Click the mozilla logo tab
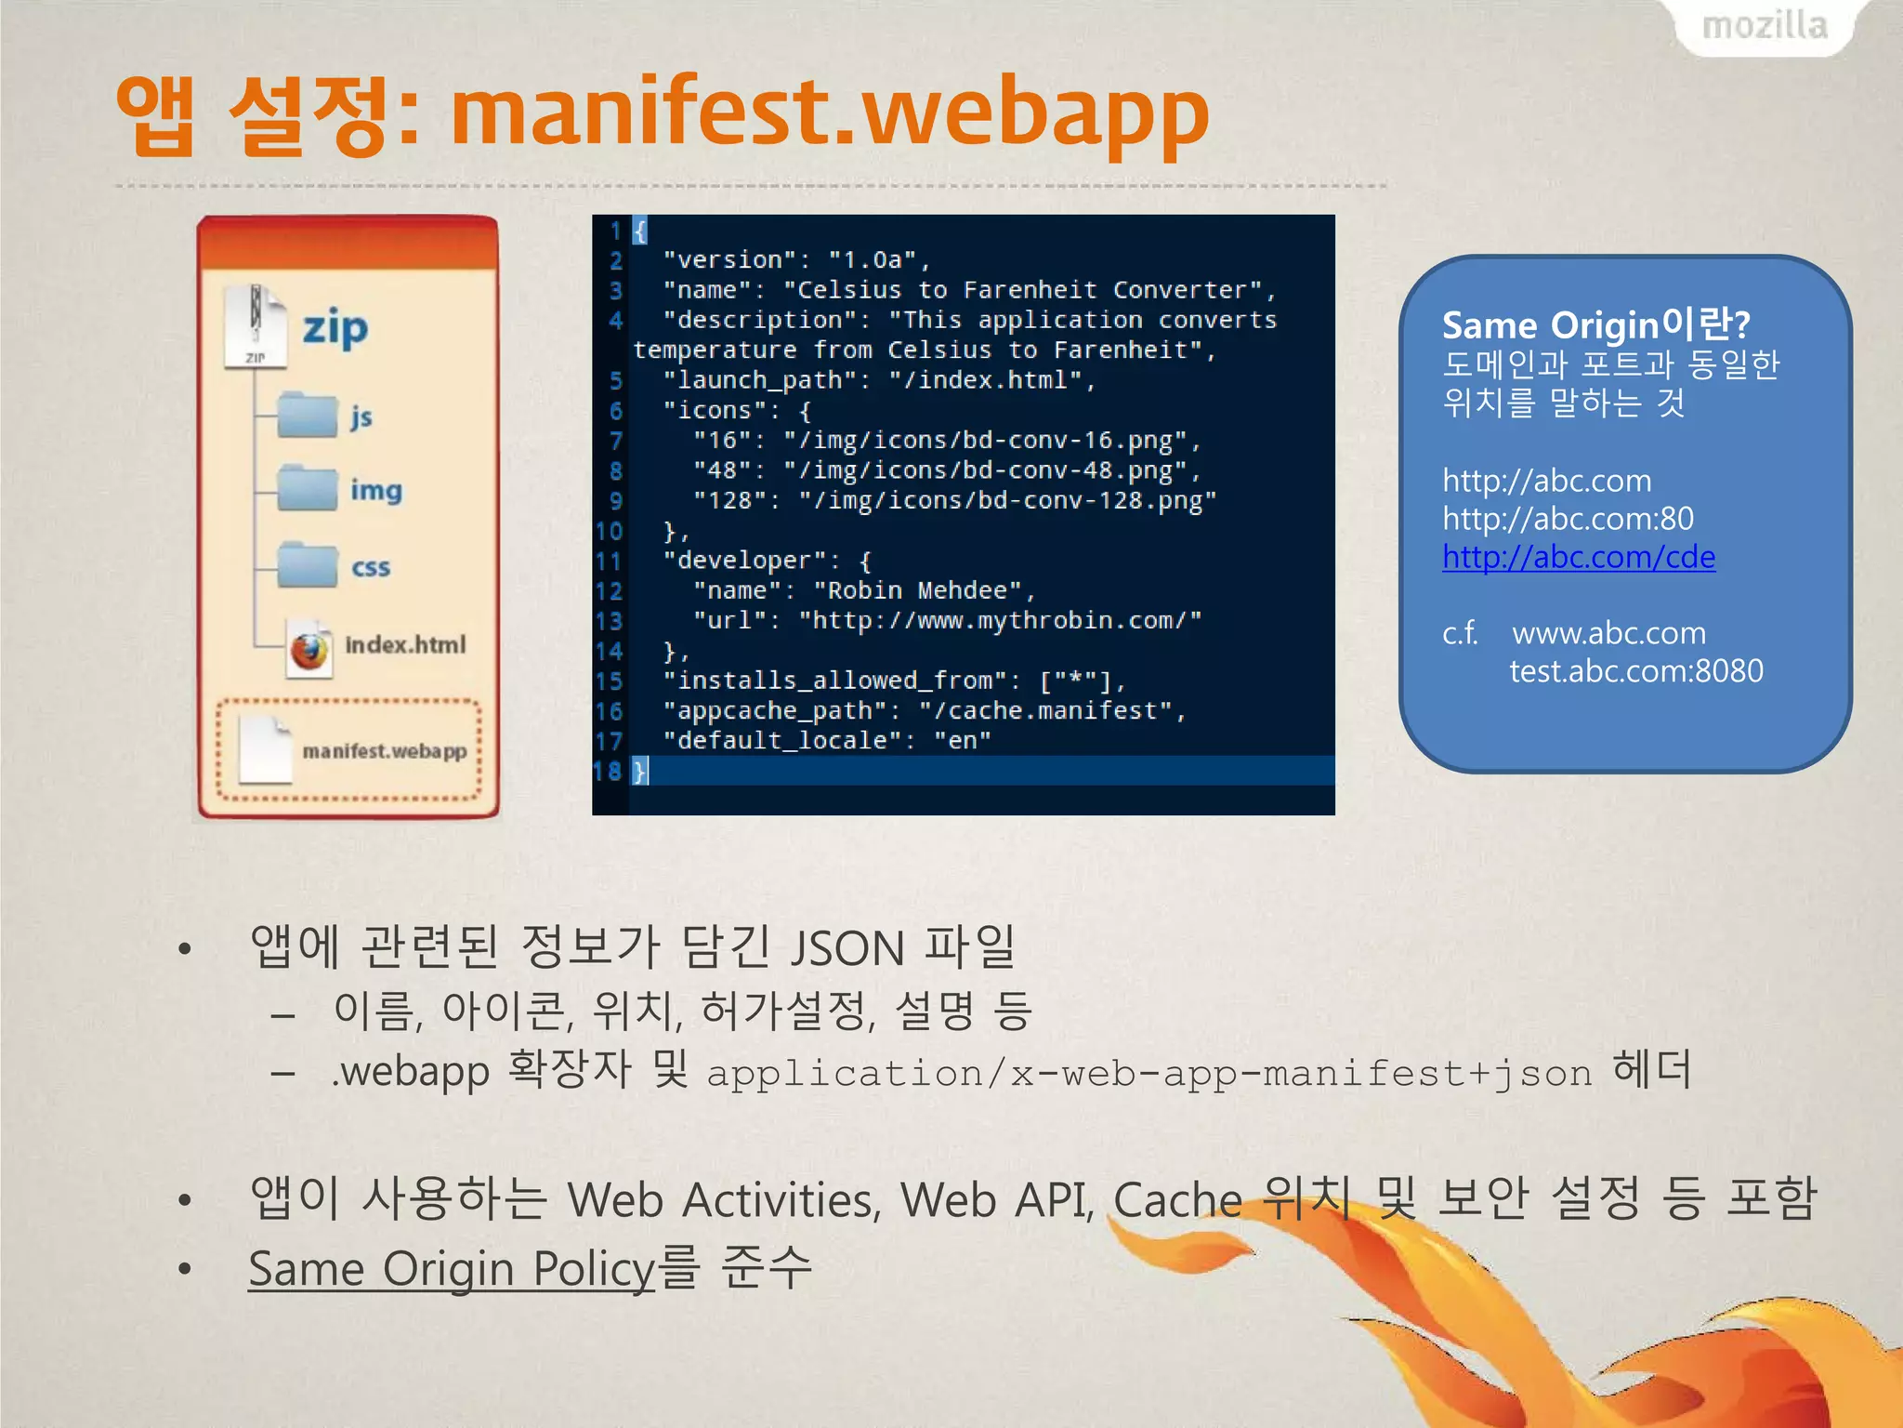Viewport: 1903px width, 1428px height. [1764, 26]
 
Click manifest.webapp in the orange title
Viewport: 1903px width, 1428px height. [829, 113]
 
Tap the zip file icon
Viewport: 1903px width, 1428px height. [255, 326]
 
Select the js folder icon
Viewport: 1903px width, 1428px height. [307, 415]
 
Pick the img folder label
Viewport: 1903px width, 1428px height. [375, 490]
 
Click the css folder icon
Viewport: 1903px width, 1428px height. [307, 565]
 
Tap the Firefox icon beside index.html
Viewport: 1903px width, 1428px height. [309, 648]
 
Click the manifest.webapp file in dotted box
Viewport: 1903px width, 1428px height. [353, 750]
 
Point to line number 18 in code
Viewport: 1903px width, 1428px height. [608, 771]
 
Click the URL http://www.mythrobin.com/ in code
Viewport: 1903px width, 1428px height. [1000, 621]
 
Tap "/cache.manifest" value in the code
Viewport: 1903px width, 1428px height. [1044, 711]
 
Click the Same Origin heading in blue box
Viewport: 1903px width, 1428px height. [1595, 325]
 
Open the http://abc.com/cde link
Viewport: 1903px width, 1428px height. [1578, 557]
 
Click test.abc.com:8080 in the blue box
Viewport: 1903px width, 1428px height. [1635, 671]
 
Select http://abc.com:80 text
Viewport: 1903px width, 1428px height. [1567, 519]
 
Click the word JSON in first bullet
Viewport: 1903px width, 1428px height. [847, 948]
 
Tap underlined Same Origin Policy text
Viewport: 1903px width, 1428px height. [452, 1269]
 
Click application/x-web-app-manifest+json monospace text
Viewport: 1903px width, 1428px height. [1148, 1074]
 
